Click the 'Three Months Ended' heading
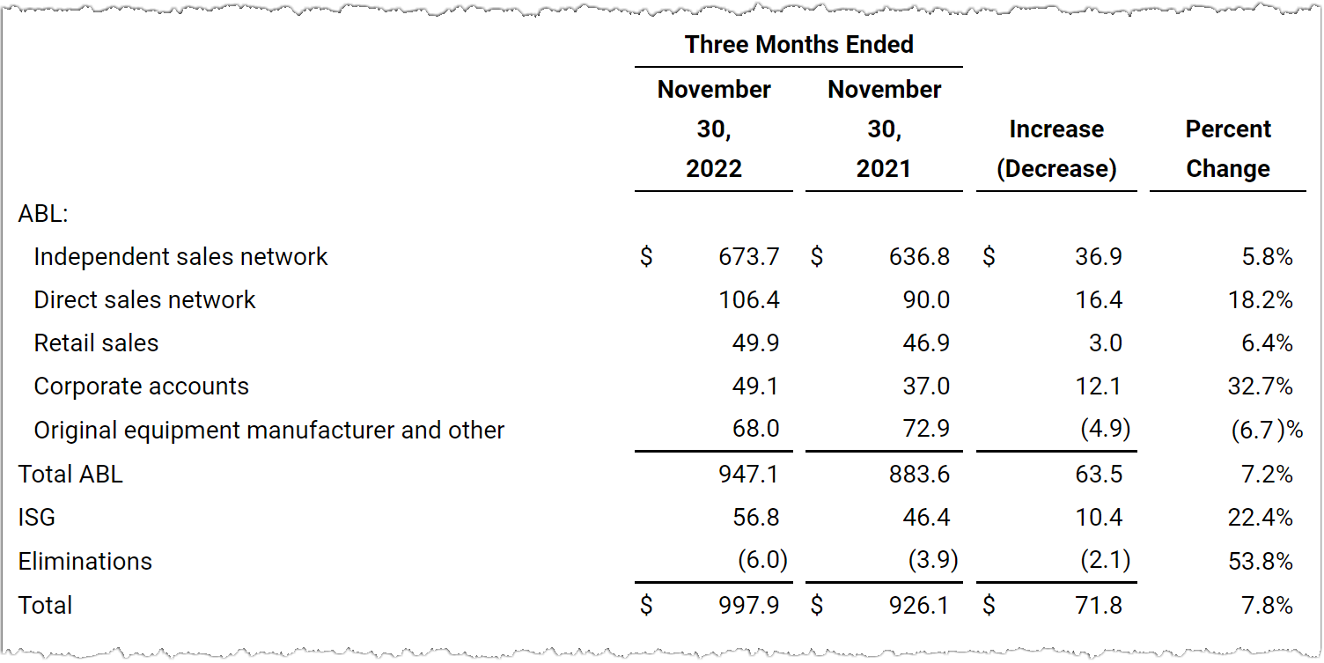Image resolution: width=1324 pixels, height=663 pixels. click(x=799, y=44)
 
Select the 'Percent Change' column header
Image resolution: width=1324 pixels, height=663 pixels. click(x=1228, y=149)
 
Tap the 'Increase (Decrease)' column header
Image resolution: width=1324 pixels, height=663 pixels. click(x=1057, y=149)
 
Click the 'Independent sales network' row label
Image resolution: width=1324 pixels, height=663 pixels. click(x=180, y=257)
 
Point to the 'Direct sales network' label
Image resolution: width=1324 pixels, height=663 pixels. click(x=144, y=300)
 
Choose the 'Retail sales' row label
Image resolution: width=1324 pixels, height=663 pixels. click(x=96, y=343)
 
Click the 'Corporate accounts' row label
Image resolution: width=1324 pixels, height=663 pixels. click(x=141, y=387)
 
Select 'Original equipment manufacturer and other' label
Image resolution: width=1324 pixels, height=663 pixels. click(x=269, y=430)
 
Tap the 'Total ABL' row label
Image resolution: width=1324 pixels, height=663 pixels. click(x=70, y=474)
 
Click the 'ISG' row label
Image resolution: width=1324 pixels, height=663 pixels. click(x=37, y=518)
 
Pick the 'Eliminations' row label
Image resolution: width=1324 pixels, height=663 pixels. click(x=85, y=561)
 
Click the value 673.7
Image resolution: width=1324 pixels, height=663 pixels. click(x=749, y=257)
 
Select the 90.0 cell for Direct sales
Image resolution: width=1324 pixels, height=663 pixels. click(x=926, y=300)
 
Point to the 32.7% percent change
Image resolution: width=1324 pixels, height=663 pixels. click(x=1260, y=387)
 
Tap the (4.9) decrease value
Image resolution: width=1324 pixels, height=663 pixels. click(x=1106, y=429)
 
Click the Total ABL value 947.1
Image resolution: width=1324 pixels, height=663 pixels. click(x=749, y=474)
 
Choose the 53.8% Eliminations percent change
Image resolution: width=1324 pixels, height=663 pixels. click(x=1260, y=561)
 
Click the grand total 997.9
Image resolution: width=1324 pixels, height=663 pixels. click(x=749, y=605)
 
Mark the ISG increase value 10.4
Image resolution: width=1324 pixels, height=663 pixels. click(x=1099, y=518)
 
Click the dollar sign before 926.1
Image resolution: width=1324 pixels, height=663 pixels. click(x=817, y=605)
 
